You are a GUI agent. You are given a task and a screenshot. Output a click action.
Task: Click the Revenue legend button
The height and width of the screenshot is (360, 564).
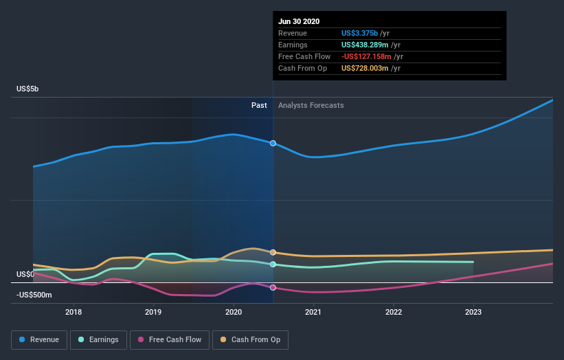click(39, 339)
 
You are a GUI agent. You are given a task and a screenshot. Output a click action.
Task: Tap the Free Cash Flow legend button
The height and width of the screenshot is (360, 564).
click(168, 339)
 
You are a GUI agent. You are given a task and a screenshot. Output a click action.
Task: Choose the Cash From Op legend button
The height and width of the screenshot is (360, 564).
click(251, 339)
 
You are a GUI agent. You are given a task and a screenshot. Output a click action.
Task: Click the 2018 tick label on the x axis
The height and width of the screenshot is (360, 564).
click(74, 312)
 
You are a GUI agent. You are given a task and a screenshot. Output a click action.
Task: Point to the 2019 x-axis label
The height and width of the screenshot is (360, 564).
click(153, 312)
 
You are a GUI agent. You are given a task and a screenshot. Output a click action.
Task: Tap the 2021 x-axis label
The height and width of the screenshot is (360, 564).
click(313, 312)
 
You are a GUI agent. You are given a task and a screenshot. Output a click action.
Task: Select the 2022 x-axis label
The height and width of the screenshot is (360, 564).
click(394, 312)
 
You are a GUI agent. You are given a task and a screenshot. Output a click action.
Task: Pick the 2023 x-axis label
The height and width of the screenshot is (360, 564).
click(473, 312)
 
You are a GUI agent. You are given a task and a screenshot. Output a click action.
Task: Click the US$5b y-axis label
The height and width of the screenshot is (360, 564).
click(28, 89)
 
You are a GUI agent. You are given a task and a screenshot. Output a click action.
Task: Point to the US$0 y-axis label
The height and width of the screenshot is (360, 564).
click(24, 274)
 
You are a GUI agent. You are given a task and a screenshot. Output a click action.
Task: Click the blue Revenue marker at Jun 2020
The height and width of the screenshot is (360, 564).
click(273, 143)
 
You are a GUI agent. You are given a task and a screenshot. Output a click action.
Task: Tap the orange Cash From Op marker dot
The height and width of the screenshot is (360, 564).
click(273, 253)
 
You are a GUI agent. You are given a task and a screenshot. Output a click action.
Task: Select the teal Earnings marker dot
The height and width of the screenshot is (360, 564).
click(273, 264)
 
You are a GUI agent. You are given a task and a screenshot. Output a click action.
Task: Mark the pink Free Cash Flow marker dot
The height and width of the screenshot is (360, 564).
click(273, 287)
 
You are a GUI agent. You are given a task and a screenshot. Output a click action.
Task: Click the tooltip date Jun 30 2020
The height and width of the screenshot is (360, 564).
click(299, 21)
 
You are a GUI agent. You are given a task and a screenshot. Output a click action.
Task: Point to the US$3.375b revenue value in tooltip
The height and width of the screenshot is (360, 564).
click(365, 33)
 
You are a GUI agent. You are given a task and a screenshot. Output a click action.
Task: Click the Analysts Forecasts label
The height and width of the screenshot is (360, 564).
click(311, 105)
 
